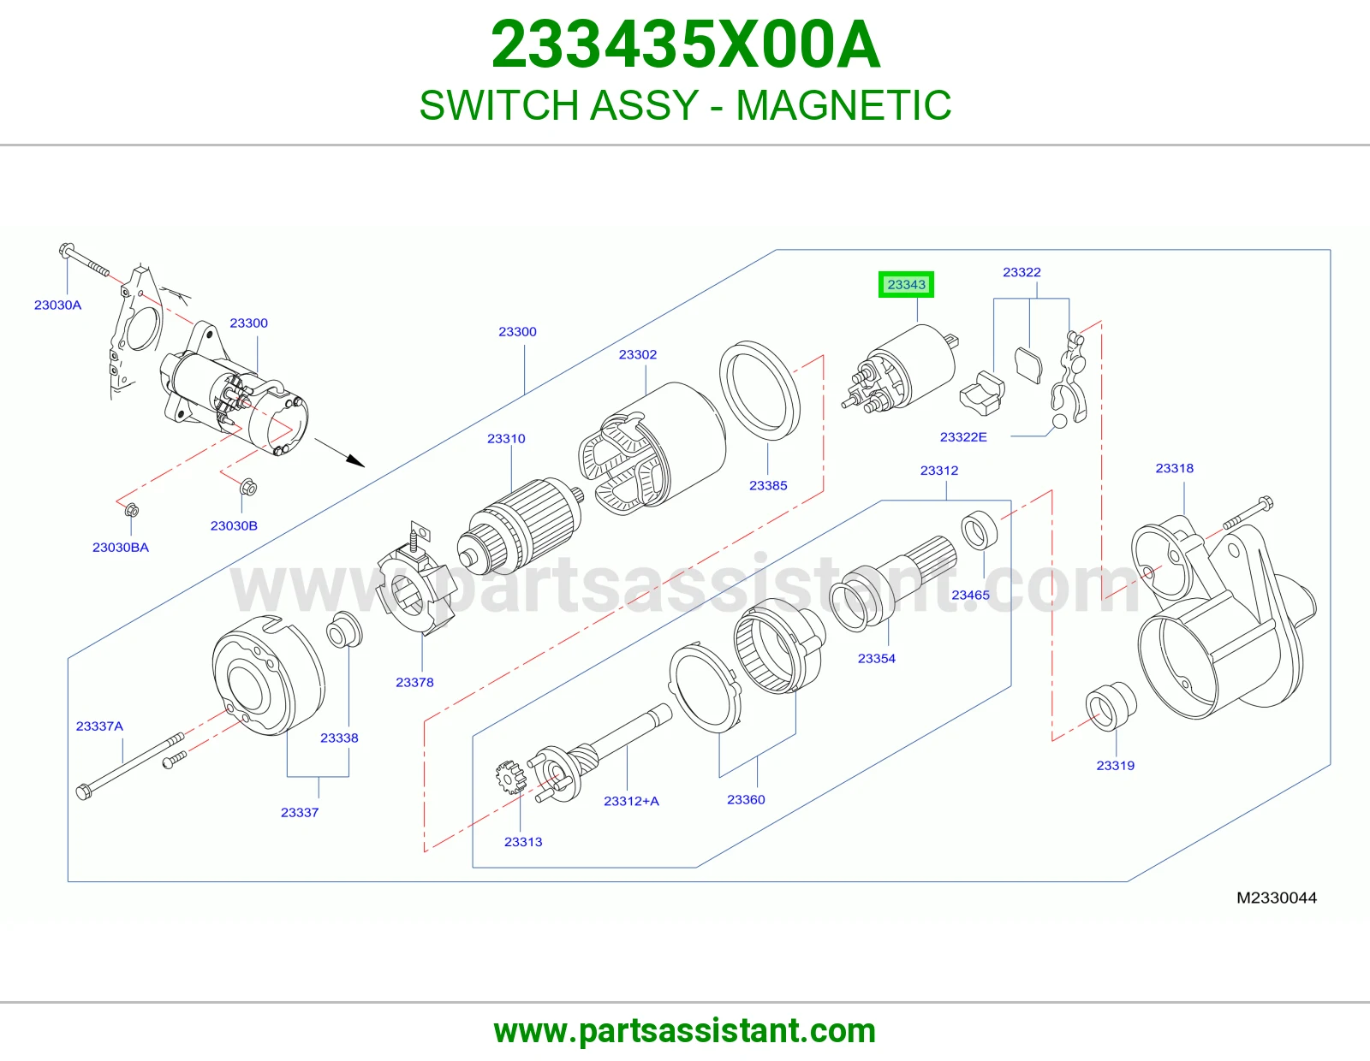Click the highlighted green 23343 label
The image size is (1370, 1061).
coord(906,285)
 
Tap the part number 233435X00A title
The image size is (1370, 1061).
coord(685,44)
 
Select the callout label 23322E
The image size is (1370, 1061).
coord(963,437)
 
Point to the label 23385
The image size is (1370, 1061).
coord(768,486)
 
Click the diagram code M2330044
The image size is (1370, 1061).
coord(1277,898)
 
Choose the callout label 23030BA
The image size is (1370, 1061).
coord(121,548)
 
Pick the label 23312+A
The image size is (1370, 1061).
coord(631,802)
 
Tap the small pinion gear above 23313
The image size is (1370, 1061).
coord(510,777)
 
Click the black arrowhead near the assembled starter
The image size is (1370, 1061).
coord(355,462)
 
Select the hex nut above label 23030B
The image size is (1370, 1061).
coord(248,487)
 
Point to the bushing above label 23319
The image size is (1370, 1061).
coord(1111,706)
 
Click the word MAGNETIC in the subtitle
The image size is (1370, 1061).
coord(843,104)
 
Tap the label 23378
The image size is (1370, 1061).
coord(414,682)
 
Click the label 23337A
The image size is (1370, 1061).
coord(99,726)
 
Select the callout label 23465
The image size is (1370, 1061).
coord(970,596)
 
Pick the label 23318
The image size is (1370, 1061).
coord(1175,469)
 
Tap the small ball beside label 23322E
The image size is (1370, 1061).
coord(1060,421)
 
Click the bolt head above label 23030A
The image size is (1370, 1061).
coord(66,250)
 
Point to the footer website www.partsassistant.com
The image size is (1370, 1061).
coord(685,1031)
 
